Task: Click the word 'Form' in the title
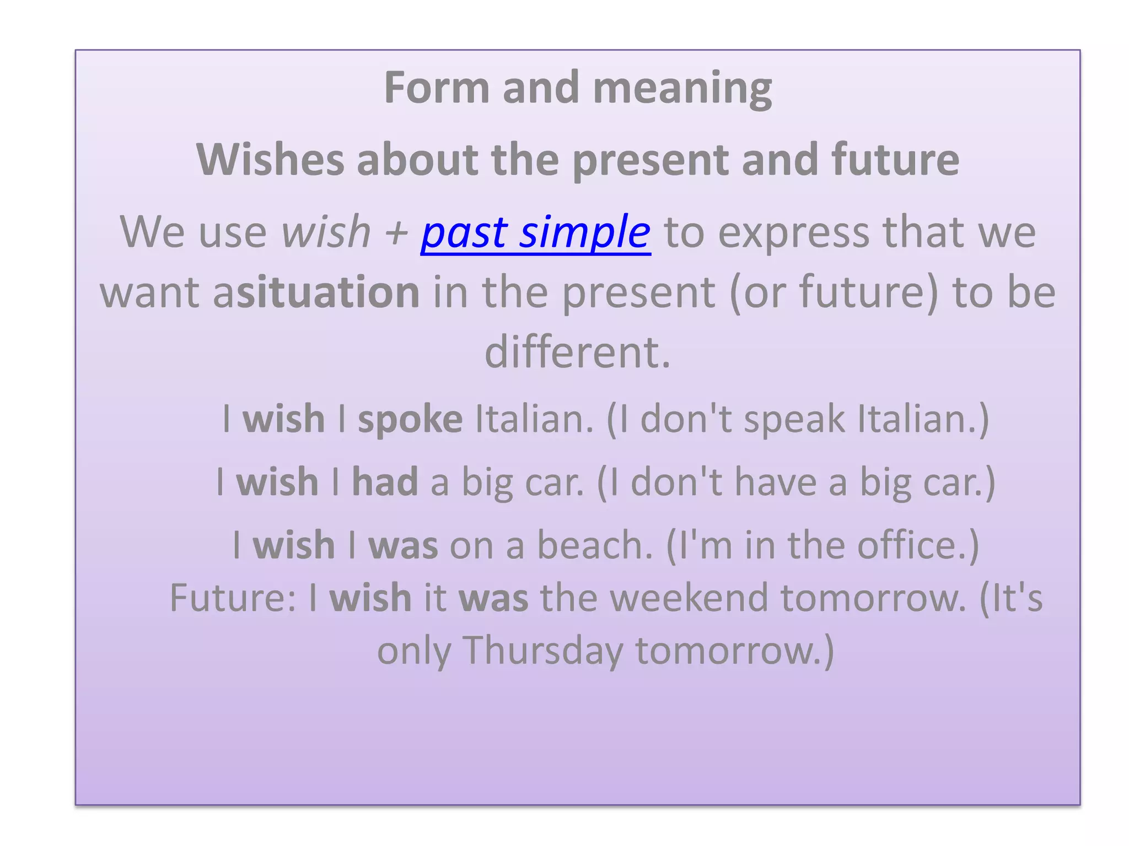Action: tap(436, 88)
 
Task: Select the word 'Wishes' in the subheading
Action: tap(270, 160)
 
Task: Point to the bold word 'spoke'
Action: tap(410, 420)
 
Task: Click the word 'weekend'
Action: tap(689, 598)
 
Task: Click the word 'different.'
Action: tap(577, 352)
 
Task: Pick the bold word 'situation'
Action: tap(329, 292)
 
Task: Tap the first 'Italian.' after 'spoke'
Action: tap(534, 420)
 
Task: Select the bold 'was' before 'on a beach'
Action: tap(403, 545)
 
